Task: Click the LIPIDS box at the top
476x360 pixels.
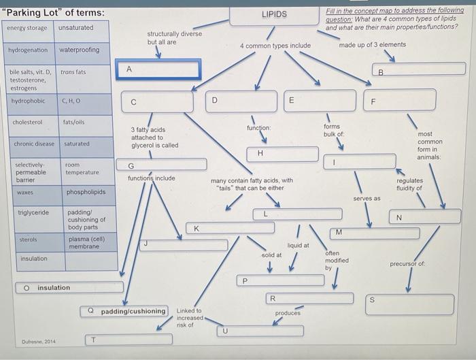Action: pyautogui.click(x=274, y=14)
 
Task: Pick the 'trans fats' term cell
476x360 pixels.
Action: pyautogui.click(x=73, y=72)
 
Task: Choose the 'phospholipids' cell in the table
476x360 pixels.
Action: pyautogui.click(x=86, y=192)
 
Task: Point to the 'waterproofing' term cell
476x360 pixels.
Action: pyautogui.click(x=79, y=50)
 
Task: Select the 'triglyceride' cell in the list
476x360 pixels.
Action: pyautogui.click(x=33, y=213)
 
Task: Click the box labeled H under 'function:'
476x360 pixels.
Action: pyautogui.click(x=273, y=153)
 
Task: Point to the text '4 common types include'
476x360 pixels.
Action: pyautogui.click(x=275, y=46)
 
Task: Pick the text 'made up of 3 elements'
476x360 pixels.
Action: pyautogui.click(x=372, y=45)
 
